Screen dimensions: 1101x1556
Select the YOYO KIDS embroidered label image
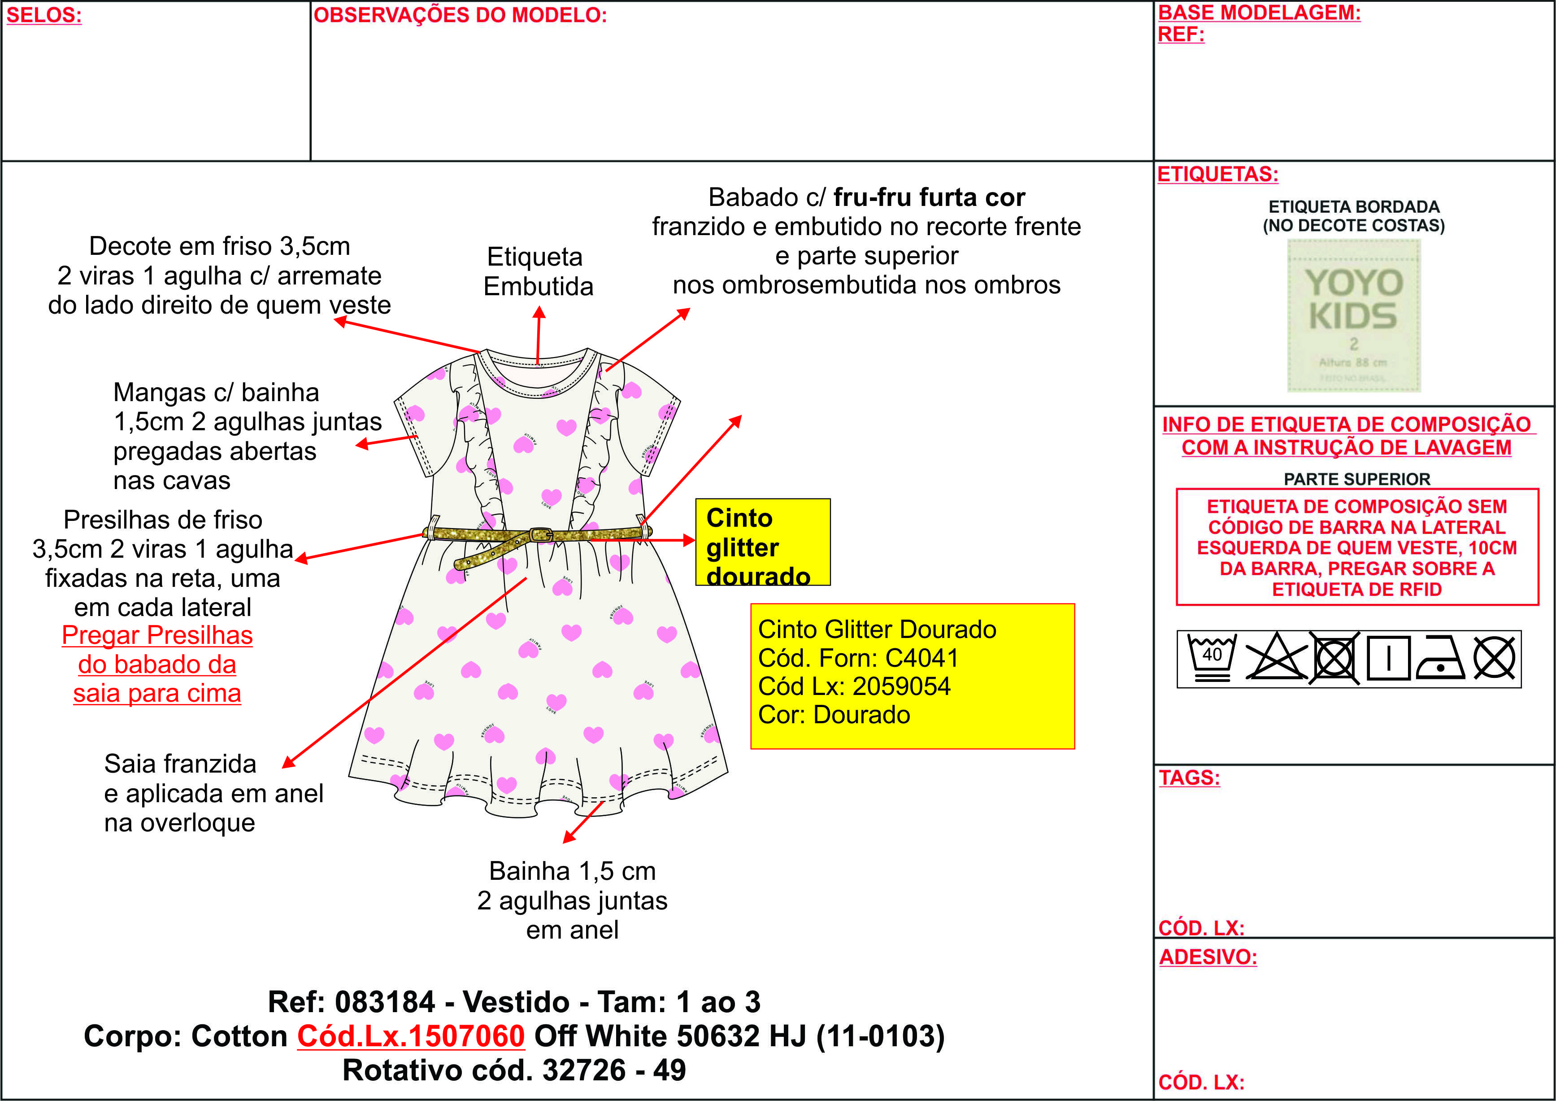[1353, 316]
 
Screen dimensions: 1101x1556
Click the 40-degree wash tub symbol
[1212, 658]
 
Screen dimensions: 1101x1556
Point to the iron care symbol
[1440, 658]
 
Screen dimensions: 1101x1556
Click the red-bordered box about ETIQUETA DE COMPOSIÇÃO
[1357, 546]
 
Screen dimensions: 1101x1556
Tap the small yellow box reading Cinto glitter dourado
[762, 542]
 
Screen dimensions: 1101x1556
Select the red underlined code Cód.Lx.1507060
[411, 1036]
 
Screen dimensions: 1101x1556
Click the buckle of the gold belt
[540, 534]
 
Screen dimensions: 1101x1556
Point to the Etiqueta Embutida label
[538, 271]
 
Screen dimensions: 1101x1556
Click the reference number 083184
[385, 1002]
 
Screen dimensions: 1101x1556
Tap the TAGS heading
[1189, 778]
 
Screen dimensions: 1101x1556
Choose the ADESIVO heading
[1208, 957]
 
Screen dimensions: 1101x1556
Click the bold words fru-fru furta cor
[929, 197]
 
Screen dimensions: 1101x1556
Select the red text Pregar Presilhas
[157, 635]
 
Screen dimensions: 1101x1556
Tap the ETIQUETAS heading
[1218, 174]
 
